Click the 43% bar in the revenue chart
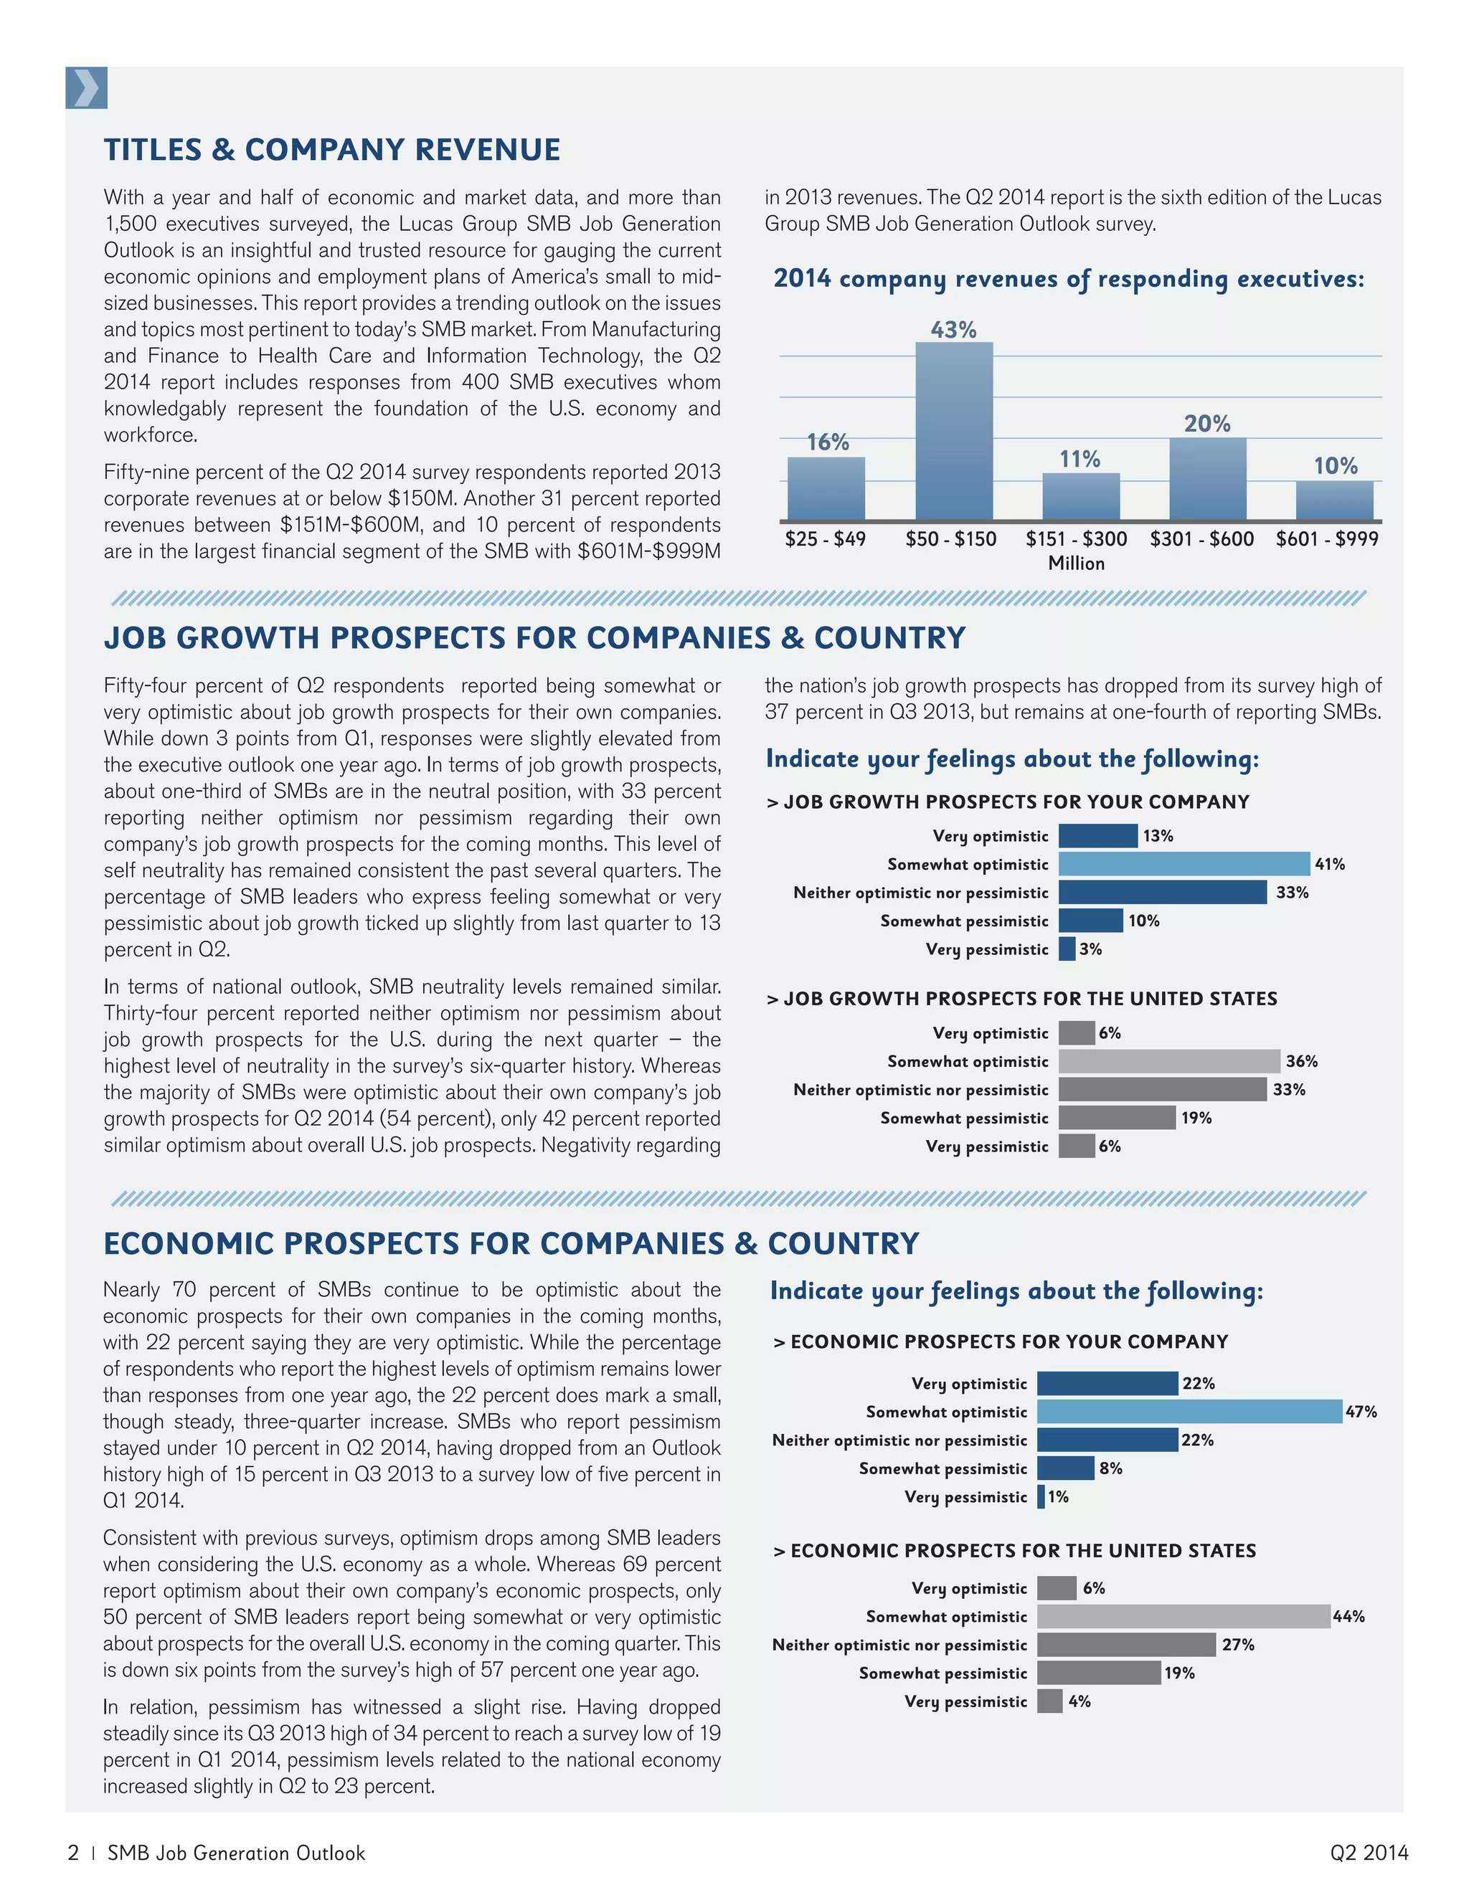(x=954, y=432)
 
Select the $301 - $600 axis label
(x=1202, y=539)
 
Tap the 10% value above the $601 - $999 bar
(x=1335, y=466)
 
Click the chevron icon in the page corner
(x=86, y=88)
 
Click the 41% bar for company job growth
(x=1184, y=864)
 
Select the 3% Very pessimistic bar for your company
(x=1067, y=949)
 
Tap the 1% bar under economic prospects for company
(x=1041, y=1497)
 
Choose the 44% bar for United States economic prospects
(x=1184, y=1616)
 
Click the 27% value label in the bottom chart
(x=1237, y=1645)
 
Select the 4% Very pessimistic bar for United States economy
(x=1049, y=1701)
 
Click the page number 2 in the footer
(x=73, y=1853)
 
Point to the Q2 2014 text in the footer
(x=1368, y=1853)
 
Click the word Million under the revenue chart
(x=1077, y=564)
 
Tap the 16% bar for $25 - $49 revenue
(x=826, y=488)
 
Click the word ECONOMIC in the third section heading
(x=189, y=1243)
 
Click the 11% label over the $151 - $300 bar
(x=1079, y=460)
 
